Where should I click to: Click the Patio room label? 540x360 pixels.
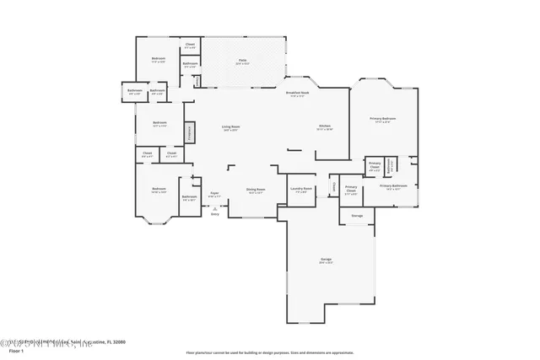pos(242,61)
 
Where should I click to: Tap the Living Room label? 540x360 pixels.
pos(229,127)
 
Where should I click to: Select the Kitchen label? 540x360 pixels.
pos(325,127)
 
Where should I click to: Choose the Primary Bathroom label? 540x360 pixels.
pos(393,186)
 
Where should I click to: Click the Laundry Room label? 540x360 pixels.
pos(301,190)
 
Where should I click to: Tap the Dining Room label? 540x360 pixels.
pos(256,191)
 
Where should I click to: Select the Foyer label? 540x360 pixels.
pos(215,194)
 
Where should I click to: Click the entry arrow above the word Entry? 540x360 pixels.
pos(214,207)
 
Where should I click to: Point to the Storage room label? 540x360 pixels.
pos(357,216)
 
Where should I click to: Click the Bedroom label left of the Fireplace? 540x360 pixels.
pos(159,123)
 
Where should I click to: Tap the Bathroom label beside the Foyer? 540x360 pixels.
pos(188,198)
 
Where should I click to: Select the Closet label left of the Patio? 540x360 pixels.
pos(190,45)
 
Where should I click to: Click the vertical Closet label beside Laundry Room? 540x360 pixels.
pos(334,186)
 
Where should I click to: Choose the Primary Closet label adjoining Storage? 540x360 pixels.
pos(351,189)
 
